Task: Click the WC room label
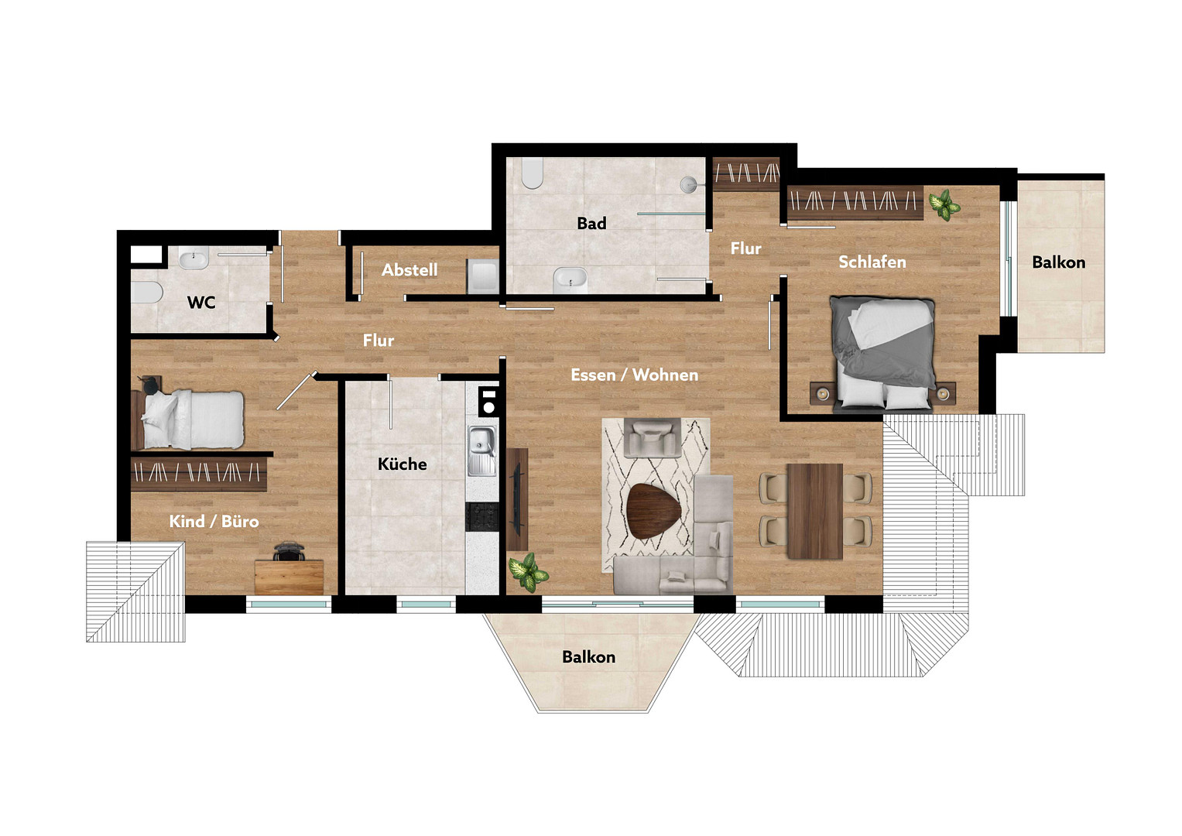(x=201, y=303)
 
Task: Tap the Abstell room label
(x=409, y=269)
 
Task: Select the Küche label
(x=402, y=464)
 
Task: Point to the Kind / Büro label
(x=214, y=521)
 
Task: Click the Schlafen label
(x=872, y=262)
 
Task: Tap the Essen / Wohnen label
(x=634, y=375)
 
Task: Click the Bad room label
(x=591, y=223)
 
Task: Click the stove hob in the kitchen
(x=482, y=517)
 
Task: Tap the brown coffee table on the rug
(x=654, y=511)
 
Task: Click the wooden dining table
(x=815, y=511)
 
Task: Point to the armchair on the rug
(x=653, y=437)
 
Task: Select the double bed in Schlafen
(x=882, y=353)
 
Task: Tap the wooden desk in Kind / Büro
(x=290, y=577)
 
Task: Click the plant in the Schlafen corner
(x=944, y=205)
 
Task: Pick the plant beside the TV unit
(x=528, y=572)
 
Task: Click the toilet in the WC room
(x=146, y=292)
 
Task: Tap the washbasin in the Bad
(x=570, y=279)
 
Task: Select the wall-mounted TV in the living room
(x=516, y=499)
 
